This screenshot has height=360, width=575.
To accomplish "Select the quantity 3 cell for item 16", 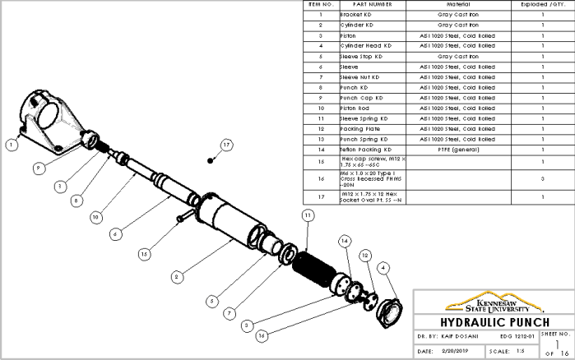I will [x=543, y=178].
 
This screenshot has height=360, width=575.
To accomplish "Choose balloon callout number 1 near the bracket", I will [x=11, y=145].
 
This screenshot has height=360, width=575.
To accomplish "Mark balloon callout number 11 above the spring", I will [x=308, y=215].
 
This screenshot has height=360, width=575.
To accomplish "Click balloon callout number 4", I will [x=383, y=268].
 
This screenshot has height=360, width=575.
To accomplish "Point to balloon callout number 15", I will [x=144, y=254].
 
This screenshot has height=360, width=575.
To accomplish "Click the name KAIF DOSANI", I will [x=452, y=336].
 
